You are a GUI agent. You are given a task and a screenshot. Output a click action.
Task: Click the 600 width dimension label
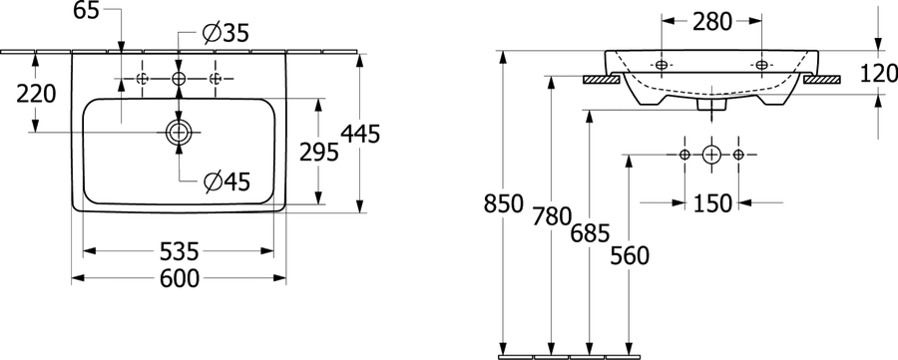(x=180, y=278)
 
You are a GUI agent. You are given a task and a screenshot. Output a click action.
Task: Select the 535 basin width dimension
(x=180, y=250)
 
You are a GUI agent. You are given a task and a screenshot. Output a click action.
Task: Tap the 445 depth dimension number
(x=360, y=134)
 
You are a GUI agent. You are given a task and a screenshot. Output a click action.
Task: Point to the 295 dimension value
(x=319, y=153)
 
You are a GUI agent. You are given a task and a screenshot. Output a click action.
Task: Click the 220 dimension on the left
(x=36, y=94)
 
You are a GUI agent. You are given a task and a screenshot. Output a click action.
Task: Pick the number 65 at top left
(x=88, y=10)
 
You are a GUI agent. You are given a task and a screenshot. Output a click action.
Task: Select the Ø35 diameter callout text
(x=226, y=34)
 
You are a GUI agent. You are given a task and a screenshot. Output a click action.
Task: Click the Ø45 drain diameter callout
(x=227, y=182)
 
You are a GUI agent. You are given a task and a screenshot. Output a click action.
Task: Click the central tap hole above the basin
(x=179, y=79)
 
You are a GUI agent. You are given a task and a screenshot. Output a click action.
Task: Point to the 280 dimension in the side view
(x=712, y=22)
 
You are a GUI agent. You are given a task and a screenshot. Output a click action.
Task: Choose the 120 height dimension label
(x=878, y=73)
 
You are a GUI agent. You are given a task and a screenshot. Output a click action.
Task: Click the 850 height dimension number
(x=504, y=203)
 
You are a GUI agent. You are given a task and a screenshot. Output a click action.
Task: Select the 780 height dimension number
(x=552, y=217)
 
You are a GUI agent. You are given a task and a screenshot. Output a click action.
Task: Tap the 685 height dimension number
(x=590, y=232)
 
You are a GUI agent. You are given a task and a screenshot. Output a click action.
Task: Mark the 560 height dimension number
(x=630, y=256)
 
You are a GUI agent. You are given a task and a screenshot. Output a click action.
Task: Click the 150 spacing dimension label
(x=712, y=202)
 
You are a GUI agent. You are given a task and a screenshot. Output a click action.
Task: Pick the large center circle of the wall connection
(x=710, y=155)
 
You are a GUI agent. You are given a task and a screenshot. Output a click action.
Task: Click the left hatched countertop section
(x=602, y=80)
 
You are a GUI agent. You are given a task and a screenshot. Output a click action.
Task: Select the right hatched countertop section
(x=822, y=80)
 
